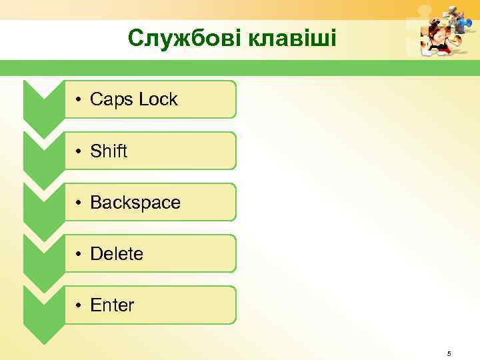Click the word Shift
[x=109, y=151]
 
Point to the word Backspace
[x=135, y=203]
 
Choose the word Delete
[x=117, y=254]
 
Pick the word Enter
[x=112, y=305]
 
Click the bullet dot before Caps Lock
[x=78, y=101]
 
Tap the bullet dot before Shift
[x=78, y=152]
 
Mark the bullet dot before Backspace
[x=78, y=203]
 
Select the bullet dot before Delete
[x=78, y=255]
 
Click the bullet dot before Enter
[x=78, y=306]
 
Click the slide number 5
[x=449, y=353]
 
